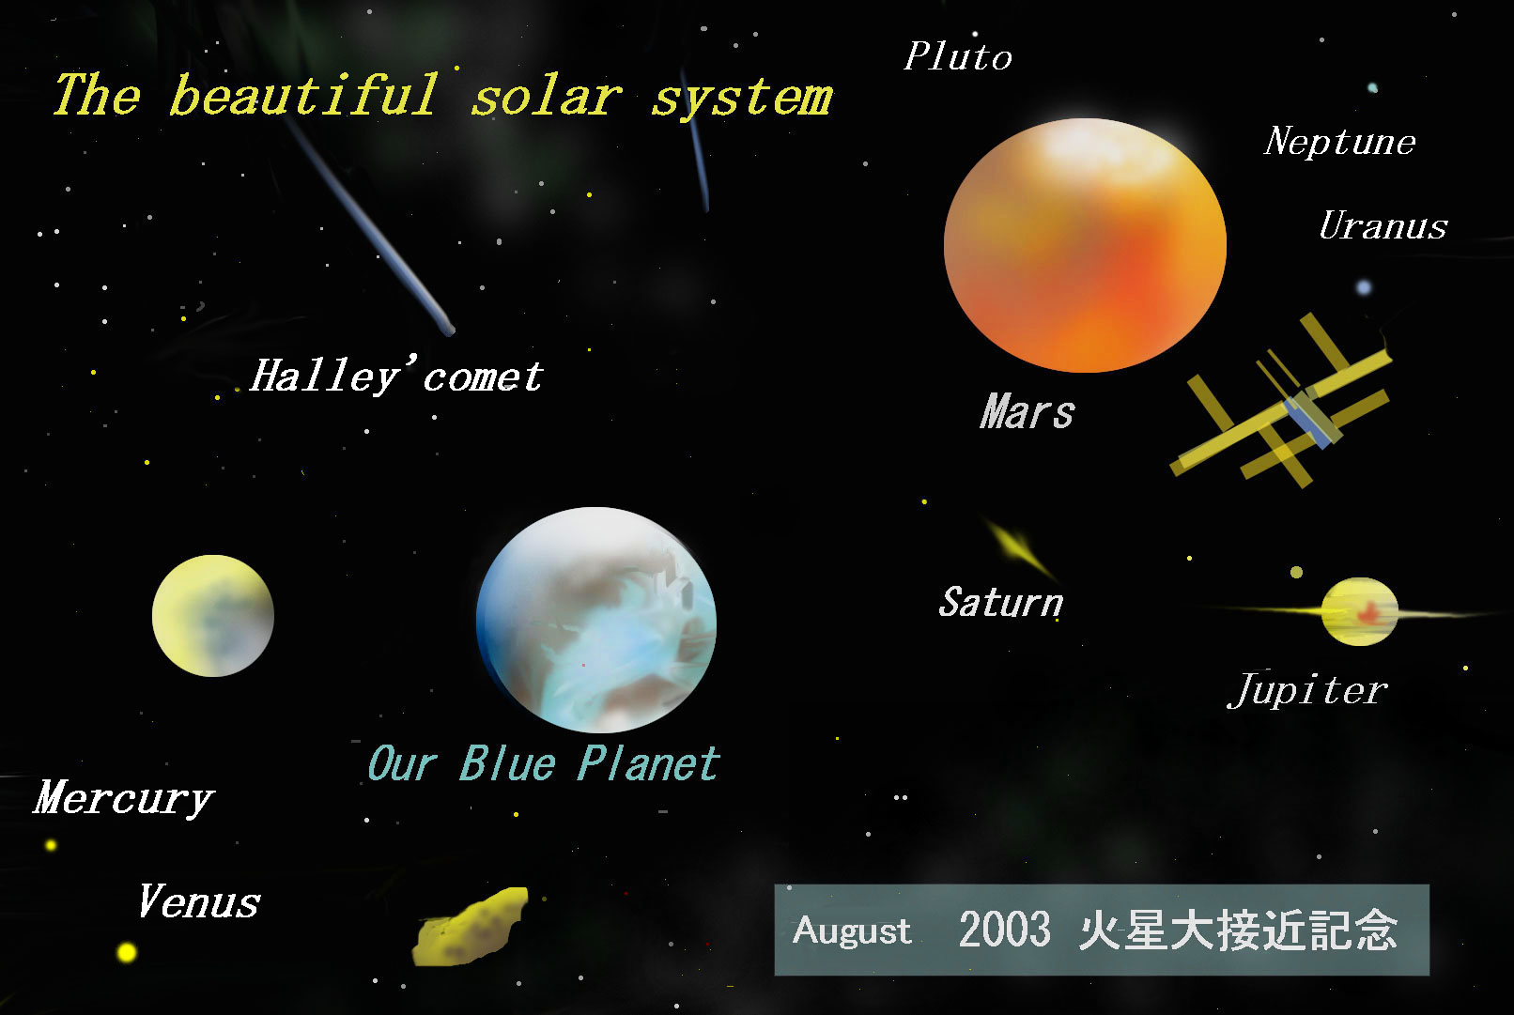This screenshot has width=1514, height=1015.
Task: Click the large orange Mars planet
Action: (1085, 245)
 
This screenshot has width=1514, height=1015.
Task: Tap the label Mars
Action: (1027, 411)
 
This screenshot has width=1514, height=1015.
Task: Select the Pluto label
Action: (958, 55)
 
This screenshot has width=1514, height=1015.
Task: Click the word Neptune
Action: (1339, 141)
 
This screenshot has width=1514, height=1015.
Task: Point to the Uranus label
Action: (1383, 225)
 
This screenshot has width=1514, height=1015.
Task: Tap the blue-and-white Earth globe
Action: (596, 620)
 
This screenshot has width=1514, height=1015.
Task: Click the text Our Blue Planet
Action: (544, 763)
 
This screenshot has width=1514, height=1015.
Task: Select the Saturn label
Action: (1001, 602)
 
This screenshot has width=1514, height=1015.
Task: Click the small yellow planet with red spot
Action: (1359, 611)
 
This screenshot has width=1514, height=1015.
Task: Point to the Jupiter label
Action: (1307, 690)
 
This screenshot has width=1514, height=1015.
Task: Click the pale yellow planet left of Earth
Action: (213, 616)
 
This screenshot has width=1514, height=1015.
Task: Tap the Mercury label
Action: (124, 798)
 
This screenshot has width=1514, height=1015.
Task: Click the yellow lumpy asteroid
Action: (471, 927)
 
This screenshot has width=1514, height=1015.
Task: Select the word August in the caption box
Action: (852, 931)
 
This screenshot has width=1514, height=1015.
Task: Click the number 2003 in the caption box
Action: (1004, 930)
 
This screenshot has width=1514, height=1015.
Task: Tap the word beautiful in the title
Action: (304, 95)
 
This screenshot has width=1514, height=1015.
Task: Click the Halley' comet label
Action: (396, 376)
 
